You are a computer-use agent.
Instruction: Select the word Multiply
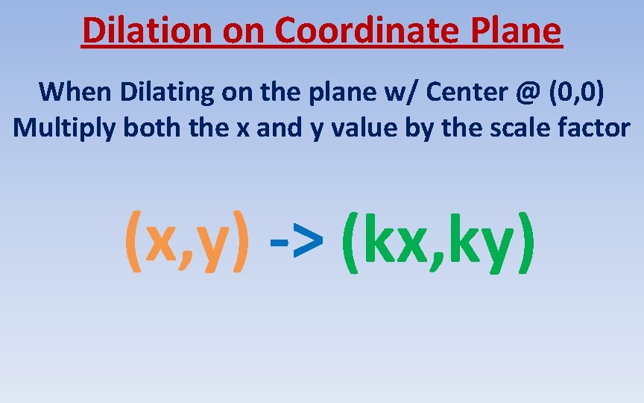64,128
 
